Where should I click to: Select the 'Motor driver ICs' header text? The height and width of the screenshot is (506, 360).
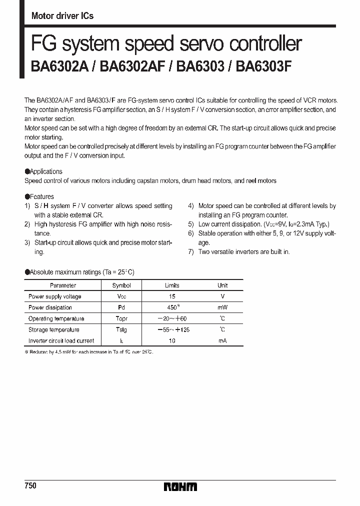[x=62, y=16]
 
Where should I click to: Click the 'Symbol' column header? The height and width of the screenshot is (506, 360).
[x=121, y=285]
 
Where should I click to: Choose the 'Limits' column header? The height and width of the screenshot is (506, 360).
[x=172, y=285]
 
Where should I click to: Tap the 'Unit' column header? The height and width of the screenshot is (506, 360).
[x=222, y=285]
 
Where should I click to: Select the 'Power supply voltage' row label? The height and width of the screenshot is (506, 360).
[x=54, y=296]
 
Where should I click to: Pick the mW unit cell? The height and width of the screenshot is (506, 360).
[x=222, y=307]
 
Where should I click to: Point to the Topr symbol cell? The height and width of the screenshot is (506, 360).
[x=121, y=318]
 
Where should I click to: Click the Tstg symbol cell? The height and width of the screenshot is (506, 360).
[x=121, y=329]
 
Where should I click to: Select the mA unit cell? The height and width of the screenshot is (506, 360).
[x=222, y=341]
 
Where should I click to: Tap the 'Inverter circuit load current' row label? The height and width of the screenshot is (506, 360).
[x=61, y=341]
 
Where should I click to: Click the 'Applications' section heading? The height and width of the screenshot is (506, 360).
[x=45, y=171]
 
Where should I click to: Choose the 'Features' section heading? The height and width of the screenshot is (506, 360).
[x=41, y=196]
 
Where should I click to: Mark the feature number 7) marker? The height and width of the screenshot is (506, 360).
[x=190, y=252]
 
